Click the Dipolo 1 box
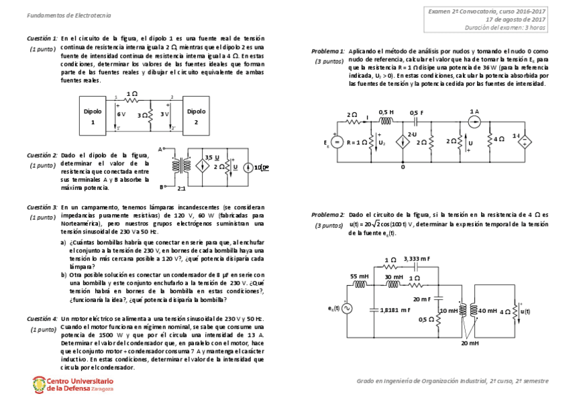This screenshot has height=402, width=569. (93, 117)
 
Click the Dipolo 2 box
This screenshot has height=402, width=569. (196, 117)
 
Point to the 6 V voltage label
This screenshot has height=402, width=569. (121, 115)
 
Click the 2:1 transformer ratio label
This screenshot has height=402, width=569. (181, 189)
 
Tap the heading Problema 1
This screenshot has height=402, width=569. (329, 52)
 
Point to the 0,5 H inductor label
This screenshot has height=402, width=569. (386, 112)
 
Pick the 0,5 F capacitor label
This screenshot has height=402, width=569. (417, 113)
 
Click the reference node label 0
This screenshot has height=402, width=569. (403, 166)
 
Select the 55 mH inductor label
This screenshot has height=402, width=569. (359, 276)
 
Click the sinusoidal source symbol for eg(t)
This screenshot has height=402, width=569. (347, 308)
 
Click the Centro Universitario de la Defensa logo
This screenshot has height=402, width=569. (72, 384)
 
